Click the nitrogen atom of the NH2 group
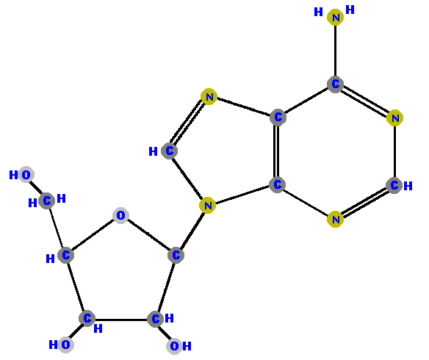pyautogui.click(x=335, y=17)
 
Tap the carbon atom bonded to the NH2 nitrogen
pyautogui.click(x=335, y=84)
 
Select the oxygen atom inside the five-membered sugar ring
pyautogui.click(x=120, y=215)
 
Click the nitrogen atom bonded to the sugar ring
pyautogui.click(x=207, y=205)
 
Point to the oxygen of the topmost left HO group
pyautogui.click(x=26, y=175)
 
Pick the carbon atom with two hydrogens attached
pyautogui.click(x=46, y=201)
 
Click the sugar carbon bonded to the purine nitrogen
pyautogui.click(x=176, y=255)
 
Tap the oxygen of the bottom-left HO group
pyautogui.click(x=65, y=345)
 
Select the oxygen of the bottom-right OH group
pyautogui.click(x=174, y=346)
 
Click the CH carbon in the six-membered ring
pyautogui.click(x=394, y=185)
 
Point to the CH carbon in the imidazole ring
pyautogui.click(x=170, y=151)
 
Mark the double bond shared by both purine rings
pyautogui.click(x=277, y=151)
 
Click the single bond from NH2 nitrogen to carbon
pyautogui.click(x=335, y=51)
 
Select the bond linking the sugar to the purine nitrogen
pyautogui.click(x=192, y=230)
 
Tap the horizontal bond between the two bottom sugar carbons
pyautogui.click(x=121, y=320)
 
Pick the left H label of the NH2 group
pyautogui.click(x=318, y=12)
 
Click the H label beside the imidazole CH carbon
pyautogui.click(x=153, y=151)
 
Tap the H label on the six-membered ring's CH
pyautogui.click(x=408, y=186)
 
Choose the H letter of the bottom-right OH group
pyautogui.click(x=187, y=346)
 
